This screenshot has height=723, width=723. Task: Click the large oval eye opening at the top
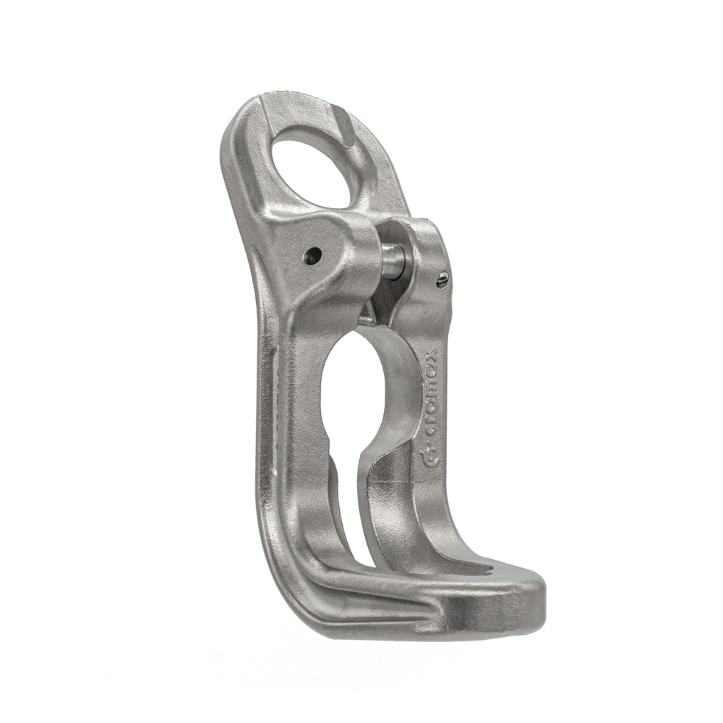point(314,171)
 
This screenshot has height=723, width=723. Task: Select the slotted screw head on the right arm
point(442,281)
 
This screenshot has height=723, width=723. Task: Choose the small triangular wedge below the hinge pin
point(370,311)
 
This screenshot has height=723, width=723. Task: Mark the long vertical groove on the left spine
point(271,405)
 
